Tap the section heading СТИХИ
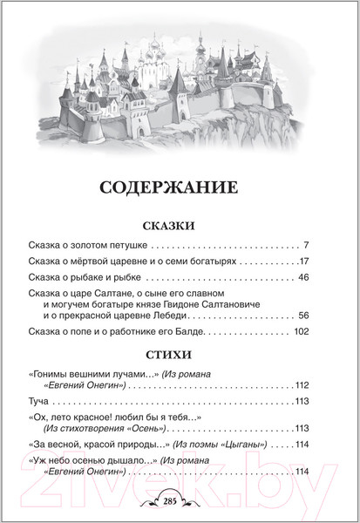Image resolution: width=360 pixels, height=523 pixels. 179,353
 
